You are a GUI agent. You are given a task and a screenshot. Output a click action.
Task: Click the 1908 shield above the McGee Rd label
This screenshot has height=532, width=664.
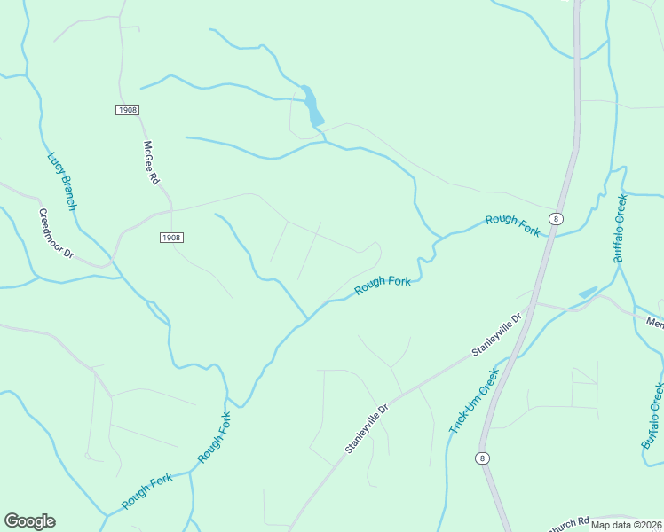[127, 109]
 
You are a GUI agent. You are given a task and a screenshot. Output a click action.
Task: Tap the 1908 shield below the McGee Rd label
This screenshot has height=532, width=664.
[172, 238]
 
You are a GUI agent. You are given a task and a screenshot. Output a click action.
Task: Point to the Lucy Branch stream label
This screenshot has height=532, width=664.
[62, 181]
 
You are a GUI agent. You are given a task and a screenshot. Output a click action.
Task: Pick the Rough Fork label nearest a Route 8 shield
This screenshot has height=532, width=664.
[513, 225]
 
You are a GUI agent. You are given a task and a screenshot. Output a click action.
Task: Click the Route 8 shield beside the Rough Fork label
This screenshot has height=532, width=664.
[556, 218]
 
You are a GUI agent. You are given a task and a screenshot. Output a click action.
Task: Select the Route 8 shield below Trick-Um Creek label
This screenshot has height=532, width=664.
[481, 458]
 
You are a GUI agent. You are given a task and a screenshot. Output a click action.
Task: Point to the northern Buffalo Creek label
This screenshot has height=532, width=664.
[621, 227]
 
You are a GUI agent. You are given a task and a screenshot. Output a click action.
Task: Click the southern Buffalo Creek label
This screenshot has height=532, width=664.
[652, 415]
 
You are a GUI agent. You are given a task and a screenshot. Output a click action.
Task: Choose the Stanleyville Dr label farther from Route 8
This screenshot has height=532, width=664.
[367, 430]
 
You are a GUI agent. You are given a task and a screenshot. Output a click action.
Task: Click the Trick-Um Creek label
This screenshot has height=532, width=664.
[473, 403]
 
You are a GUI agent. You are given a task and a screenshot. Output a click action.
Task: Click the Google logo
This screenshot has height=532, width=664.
[29, 521]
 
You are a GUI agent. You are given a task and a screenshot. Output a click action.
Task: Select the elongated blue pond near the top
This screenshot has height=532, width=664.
[312, 106]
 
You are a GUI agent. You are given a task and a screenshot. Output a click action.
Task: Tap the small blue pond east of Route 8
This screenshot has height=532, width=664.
[588, 292]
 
